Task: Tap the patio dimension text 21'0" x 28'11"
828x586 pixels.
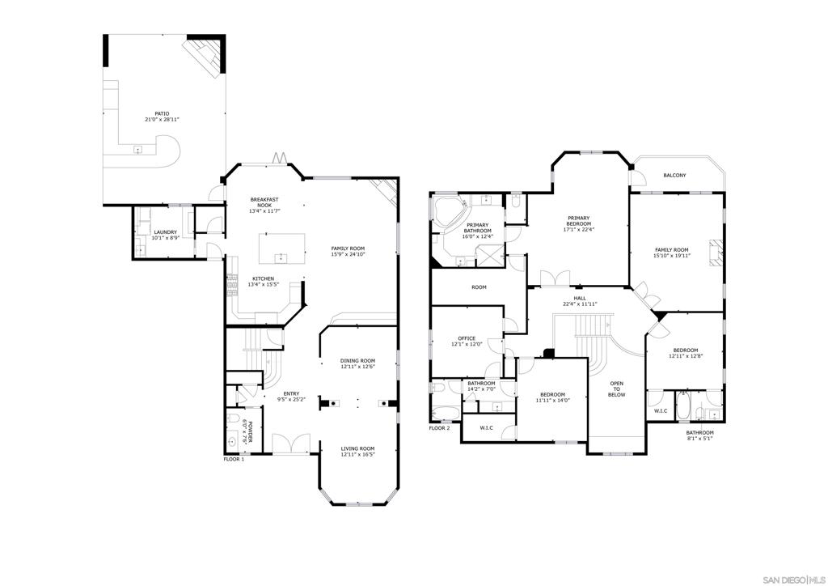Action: (162, 120)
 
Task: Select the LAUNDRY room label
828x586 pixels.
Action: (165, 232)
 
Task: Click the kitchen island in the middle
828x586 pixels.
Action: (282, 248)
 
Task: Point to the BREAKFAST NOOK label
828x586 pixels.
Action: (264, 202)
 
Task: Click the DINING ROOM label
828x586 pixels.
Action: (357, 361)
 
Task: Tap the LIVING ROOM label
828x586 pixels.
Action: (357, 448)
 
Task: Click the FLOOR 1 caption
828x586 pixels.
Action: (234, 459)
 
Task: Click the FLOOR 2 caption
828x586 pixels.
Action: (439, 428)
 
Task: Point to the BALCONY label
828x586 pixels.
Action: (675, 175)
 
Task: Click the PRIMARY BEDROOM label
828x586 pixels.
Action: (579, 220)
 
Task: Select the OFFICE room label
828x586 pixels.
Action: (467, 338)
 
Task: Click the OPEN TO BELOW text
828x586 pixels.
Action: (616, 389)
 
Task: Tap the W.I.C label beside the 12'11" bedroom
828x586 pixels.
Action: (661, 410)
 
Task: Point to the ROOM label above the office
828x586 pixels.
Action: (479, 287)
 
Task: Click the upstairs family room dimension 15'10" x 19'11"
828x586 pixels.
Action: (672, 256)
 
